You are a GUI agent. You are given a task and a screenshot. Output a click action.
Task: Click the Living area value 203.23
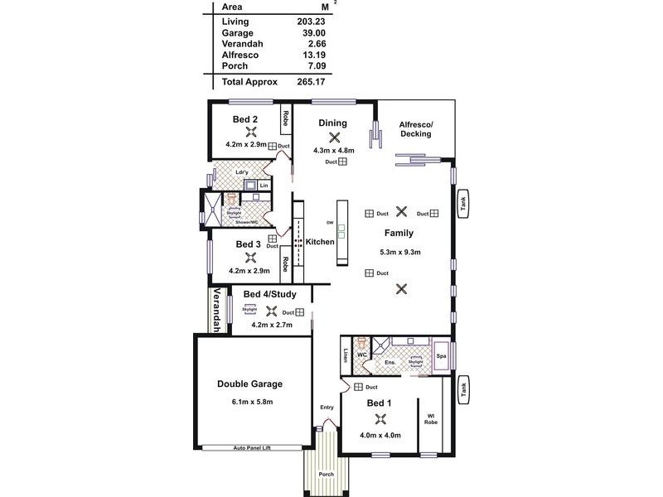tap(310, 22)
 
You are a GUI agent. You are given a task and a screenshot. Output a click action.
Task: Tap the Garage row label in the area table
tap(237, 32)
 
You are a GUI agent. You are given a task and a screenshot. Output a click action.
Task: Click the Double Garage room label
tap(250, 384)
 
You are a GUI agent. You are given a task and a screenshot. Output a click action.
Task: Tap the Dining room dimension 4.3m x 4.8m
tap(334, 151)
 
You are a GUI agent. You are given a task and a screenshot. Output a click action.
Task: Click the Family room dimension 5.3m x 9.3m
tap(400, 253)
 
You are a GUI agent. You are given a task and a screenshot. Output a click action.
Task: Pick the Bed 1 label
tap(380, 403)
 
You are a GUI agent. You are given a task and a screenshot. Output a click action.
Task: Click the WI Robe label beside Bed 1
tap(431, 418)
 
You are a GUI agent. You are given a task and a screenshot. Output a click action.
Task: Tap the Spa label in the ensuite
tap(442, 355)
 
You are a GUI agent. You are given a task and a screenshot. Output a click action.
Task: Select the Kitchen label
tap(320, 242)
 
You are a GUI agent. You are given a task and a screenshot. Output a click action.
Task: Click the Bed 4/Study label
tap(269, 294)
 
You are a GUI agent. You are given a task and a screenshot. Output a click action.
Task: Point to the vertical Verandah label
tap(215, 311)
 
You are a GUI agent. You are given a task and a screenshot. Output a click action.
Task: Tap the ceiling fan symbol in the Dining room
tap(334, 138)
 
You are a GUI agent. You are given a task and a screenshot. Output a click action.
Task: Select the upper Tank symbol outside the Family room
tap(463, 205)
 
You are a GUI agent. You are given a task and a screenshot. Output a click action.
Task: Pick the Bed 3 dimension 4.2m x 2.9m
tap(249, 271)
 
